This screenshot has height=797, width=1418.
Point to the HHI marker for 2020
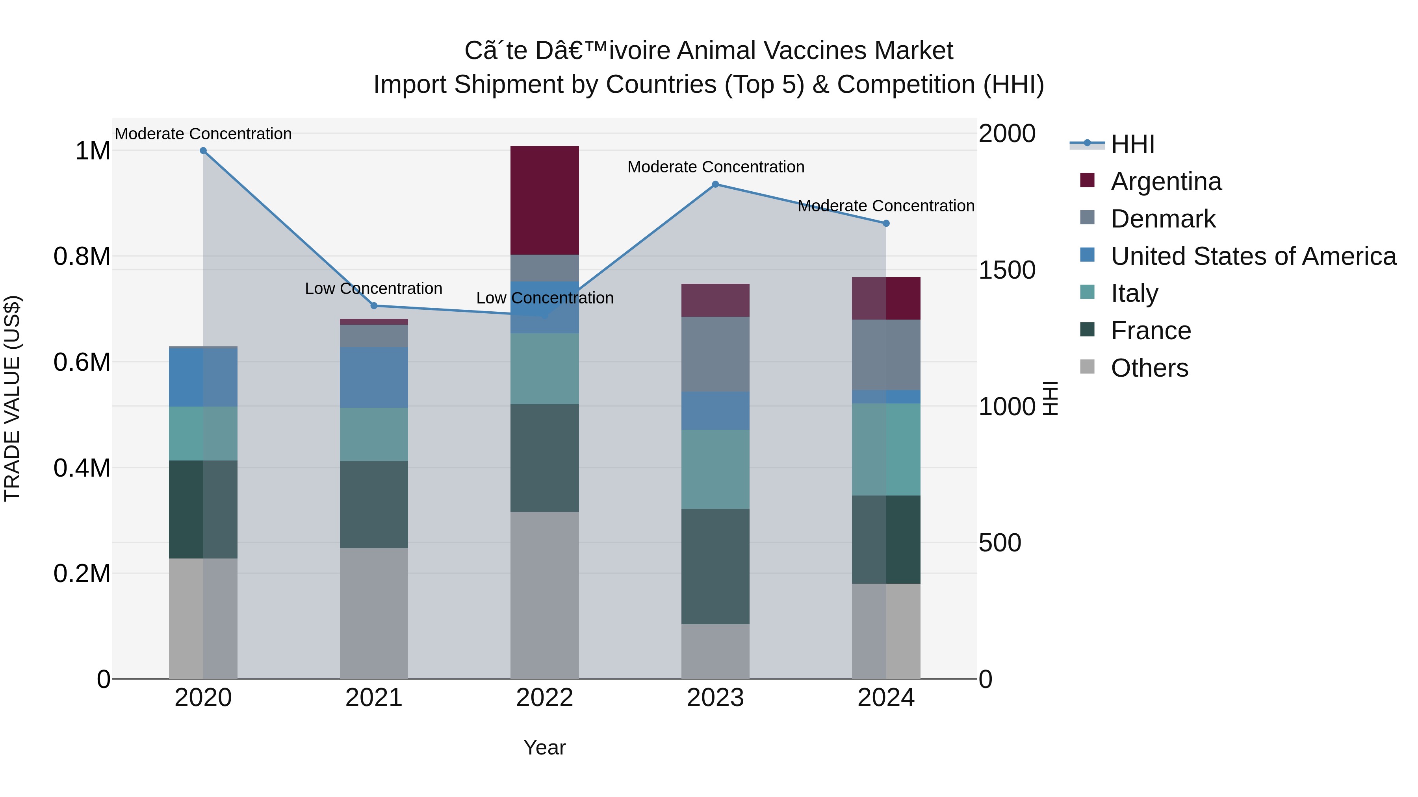pos(203,151)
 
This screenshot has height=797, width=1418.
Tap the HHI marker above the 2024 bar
pos(886,223)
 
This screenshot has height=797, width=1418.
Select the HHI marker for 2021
pos(374,306)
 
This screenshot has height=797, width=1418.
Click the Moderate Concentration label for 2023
pos(716,166)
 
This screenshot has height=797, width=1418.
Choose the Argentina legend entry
pos(1166,181)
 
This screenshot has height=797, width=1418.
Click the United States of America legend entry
pos(1253,256)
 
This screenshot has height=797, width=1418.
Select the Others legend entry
pos(1149,368)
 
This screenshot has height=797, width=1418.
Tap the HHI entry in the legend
pos(1132,144)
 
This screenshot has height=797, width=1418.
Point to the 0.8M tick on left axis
pos(82,256)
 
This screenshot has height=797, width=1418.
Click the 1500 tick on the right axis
pos(1007,270)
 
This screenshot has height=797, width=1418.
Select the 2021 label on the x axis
pos(374,698)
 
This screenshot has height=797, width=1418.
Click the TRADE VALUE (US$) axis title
pos(12,398)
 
